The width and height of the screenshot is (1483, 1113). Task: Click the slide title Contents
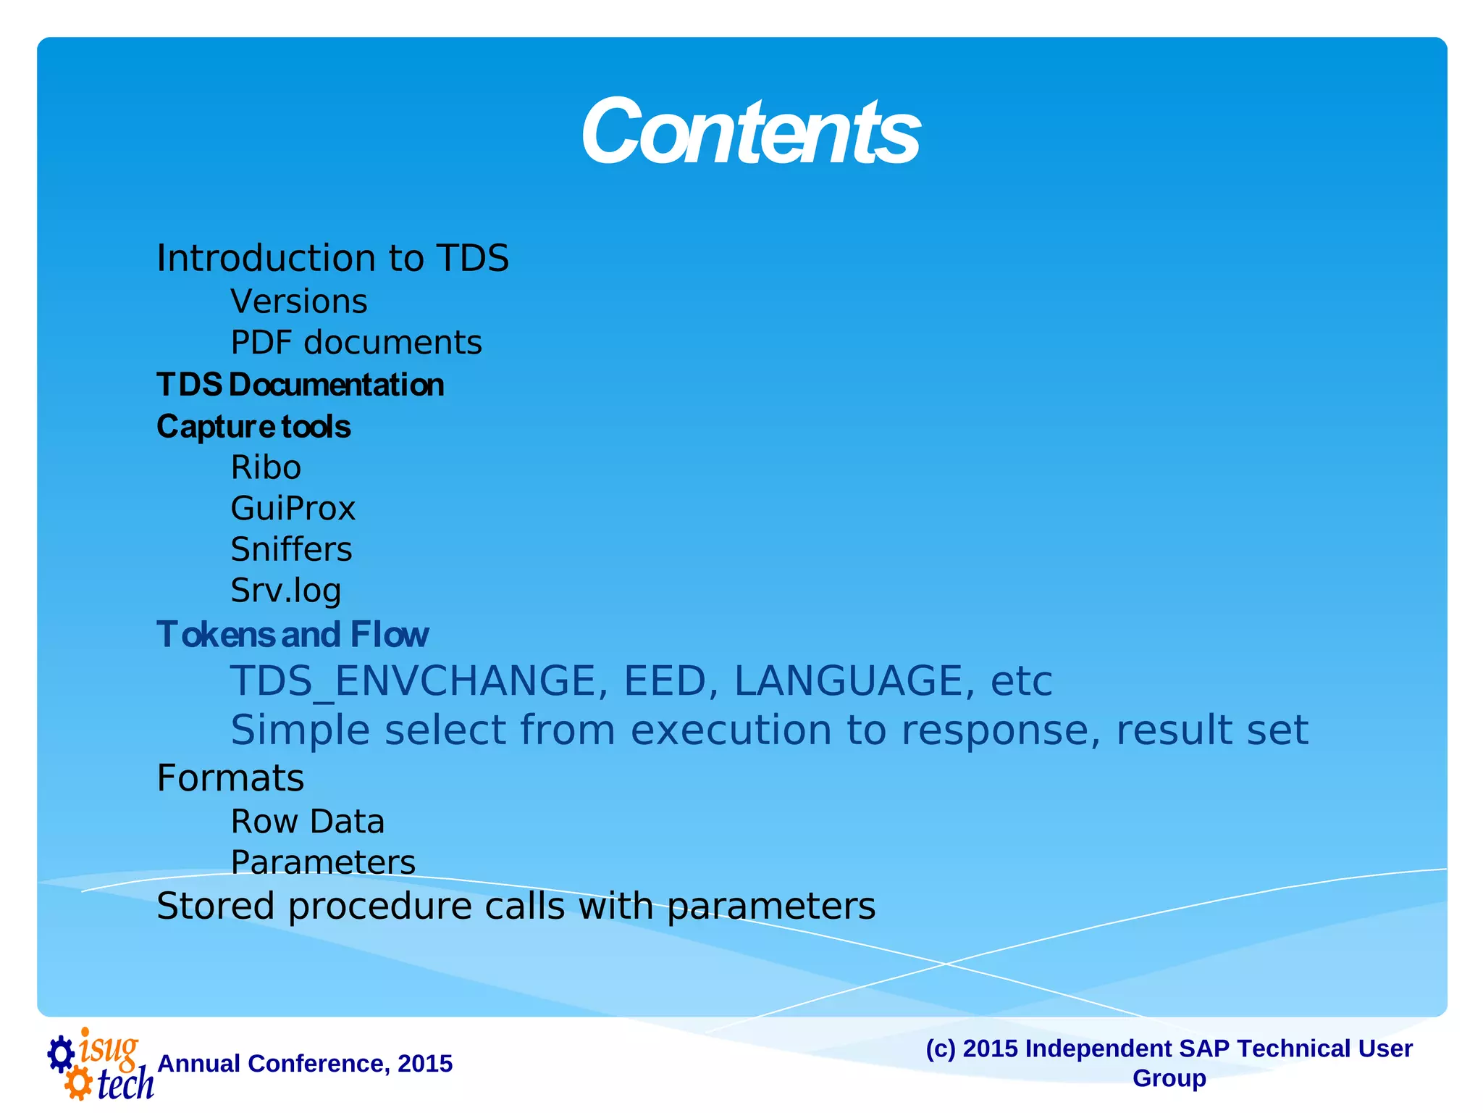pyautogui.click(x=750, y=132)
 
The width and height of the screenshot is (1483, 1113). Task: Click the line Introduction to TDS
pyautogui.click(x=332, y=259)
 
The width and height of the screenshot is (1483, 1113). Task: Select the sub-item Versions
pyautogui.click(x=298, y=301)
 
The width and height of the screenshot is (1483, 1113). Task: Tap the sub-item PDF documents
pyautogui.click(x=356, y=343)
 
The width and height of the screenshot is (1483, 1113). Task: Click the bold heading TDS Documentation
pyautogui.click(x=300, y=385)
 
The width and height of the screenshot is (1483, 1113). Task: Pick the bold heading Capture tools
pyautogui.click(x=253, y=427)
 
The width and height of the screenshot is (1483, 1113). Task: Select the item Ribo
pyautogui.click(x=266, y=468)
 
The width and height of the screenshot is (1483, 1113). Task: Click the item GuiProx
pyautogui.click(x=293, y=509)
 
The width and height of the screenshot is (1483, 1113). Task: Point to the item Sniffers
pyautogui.click(x=291, y=550)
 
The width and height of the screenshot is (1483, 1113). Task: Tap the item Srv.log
pyautogui.click(x=285, y=591)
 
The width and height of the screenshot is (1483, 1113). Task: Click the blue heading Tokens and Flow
pyautogui.click(x=293, y=635)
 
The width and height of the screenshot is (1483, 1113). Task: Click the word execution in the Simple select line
pyautogui.click(x=730, y=730)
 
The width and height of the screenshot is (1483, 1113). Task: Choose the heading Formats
pyautogui.click(x=230, y=778)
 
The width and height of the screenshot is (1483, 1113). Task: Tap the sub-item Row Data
pyautogui.click(x=307, y=822)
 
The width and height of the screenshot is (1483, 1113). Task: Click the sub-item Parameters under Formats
pyautogui.click(x=323, y=863)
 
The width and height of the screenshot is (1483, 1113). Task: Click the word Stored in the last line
pyautogui.click(x=215, y=906)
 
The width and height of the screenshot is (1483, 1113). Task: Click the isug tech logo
pyautogui.click(x=100, y=1064)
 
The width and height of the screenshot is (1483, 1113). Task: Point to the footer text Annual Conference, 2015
pyautogui.click(x=305, y=1064)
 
